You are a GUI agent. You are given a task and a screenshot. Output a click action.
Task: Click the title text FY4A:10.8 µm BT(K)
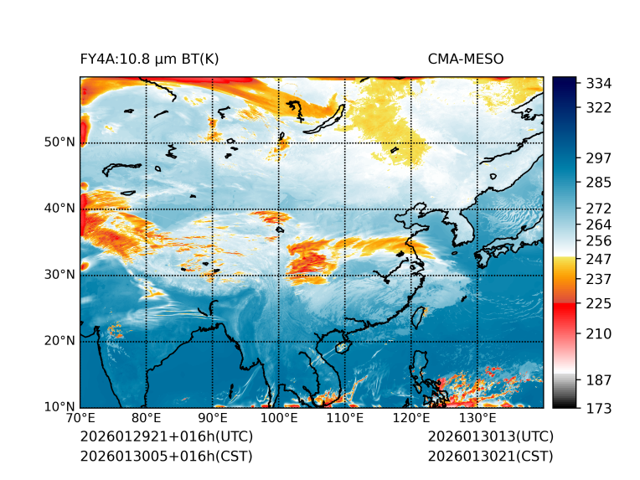149,59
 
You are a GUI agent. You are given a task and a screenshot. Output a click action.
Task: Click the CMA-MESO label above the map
465,59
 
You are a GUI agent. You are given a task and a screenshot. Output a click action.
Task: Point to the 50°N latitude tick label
59,142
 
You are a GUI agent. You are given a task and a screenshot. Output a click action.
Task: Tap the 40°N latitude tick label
59,209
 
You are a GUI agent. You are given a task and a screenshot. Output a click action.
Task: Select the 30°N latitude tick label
59,275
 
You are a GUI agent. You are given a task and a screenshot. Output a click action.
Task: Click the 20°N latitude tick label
59,341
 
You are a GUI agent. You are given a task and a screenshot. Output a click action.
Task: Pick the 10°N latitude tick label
59,408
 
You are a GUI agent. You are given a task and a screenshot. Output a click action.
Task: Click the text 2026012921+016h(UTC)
166,437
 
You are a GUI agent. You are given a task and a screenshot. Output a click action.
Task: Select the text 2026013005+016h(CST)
166,457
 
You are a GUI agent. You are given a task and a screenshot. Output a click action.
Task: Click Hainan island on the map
341,347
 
